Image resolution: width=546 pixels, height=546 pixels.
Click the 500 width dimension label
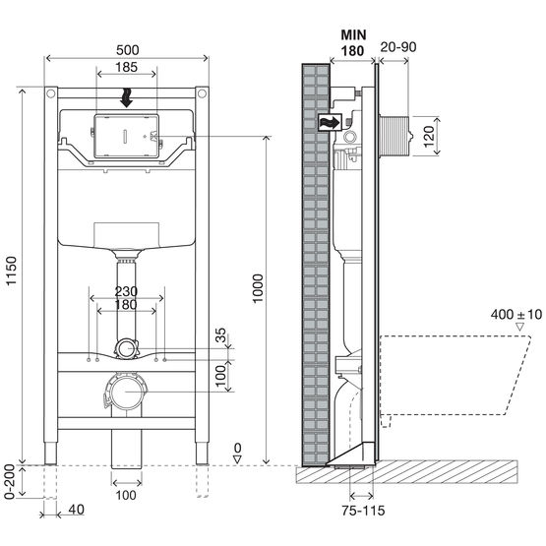click(x=128, y=50)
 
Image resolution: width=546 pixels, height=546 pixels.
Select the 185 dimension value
click(x=126, y=67)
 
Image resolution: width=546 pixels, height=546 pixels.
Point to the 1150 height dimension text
click(x=12, y=271)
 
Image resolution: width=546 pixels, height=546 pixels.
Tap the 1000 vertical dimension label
click(x=258, y=288)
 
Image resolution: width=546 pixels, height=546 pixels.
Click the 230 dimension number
click(x=126, y=291)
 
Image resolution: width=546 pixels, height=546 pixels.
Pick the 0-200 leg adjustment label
click(x=10, y=482)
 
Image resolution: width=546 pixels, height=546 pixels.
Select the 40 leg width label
click(x=77, y=510)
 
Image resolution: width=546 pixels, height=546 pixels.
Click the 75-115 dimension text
click(x=363, y=511)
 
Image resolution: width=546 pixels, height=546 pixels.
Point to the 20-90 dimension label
click(x=398, y=47)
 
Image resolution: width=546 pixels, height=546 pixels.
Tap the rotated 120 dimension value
click(x=429, y=136)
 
